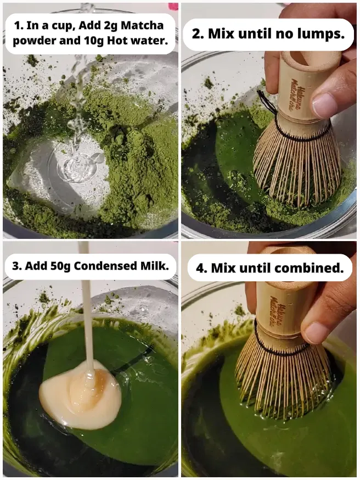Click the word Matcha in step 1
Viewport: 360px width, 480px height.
[142, 25]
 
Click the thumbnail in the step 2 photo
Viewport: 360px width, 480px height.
[324, 105]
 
